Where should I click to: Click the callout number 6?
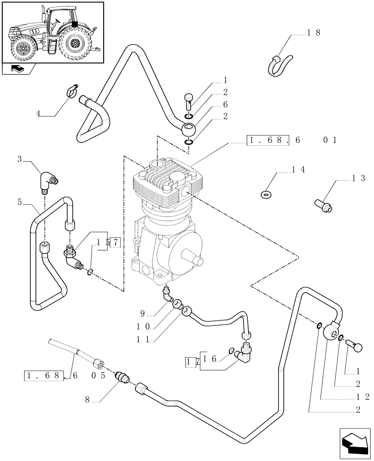(x=225, y=105)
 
